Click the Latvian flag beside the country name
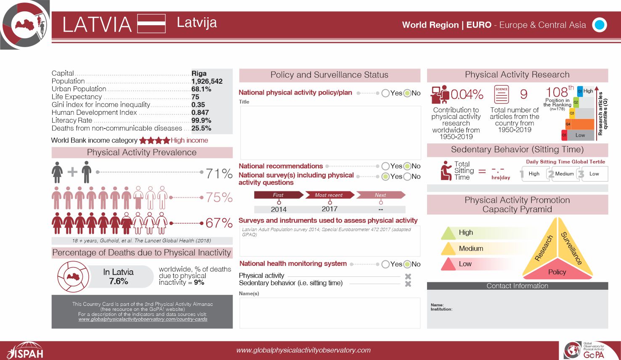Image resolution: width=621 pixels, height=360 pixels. coord(151,24)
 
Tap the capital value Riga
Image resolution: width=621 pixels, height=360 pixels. coord(199,74)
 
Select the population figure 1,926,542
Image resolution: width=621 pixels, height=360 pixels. coord(207,81)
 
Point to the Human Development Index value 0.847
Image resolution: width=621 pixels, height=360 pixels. coord(200,112)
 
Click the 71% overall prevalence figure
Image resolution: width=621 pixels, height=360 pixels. coord(219,173)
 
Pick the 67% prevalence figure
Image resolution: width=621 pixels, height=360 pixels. coord(219,223)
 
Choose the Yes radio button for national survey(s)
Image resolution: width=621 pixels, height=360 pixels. coord(385,177)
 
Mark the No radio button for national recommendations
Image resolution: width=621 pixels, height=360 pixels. coord(407,166)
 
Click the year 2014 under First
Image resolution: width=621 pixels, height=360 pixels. coord(279,209)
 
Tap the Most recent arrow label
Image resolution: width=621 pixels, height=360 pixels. coord(329,195)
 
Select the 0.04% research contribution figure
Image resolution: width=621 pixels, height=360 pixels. coord(467,95)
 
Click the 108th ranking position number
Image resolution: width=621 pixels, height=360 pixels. coord(557,92)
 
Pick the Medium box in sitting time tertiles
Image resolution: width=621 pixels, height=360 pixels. coord(564,174)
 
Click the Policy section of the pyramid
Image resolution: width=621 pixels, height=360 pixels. coord(557,272)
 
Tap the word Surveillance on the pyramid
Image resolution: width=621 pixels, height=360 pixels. coord(571,248)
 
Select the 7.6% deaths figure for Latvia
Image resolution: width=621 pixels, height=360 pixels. coord(118,281)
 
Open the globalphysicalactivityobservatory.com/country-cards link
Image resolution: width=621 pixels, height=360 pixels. coord(143,319)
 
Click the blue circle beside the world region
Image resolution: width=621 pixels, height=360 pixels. coord(600,25)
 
